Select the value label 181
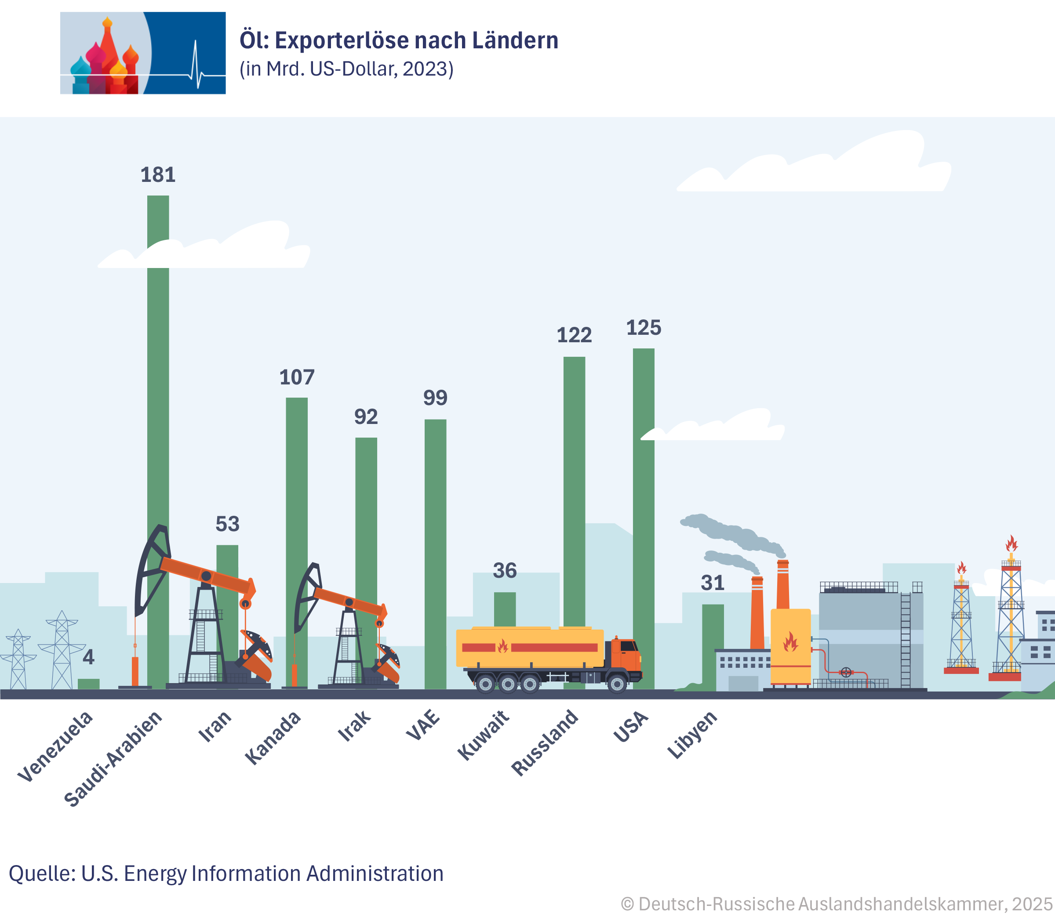[158, 175]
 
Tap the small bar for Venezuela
[88, 684]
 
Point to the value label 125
[644, 328]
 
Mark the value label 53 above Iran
[227, 524]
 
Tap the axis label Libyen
[692, 735]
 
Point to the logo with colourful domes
[143, 53]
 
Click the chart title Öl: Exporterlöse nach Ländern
[399, 40]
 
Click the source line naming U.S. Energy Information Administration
[226, 873]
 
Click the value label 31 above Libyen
[713, 583]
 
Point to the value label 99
[435, 398]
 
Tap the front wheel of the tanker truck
[617, 684]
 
